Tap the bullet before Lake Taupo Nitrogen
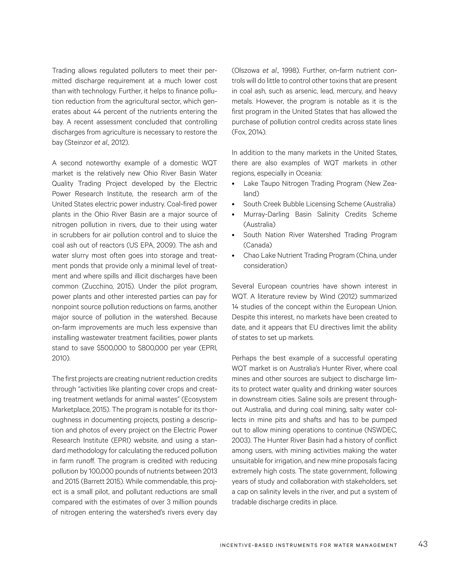pos(233,184)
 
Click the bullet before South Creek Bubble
pos(233,204)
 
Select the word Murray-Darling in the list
pos(266,214)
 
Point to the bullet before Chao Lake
pos(233,256)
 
